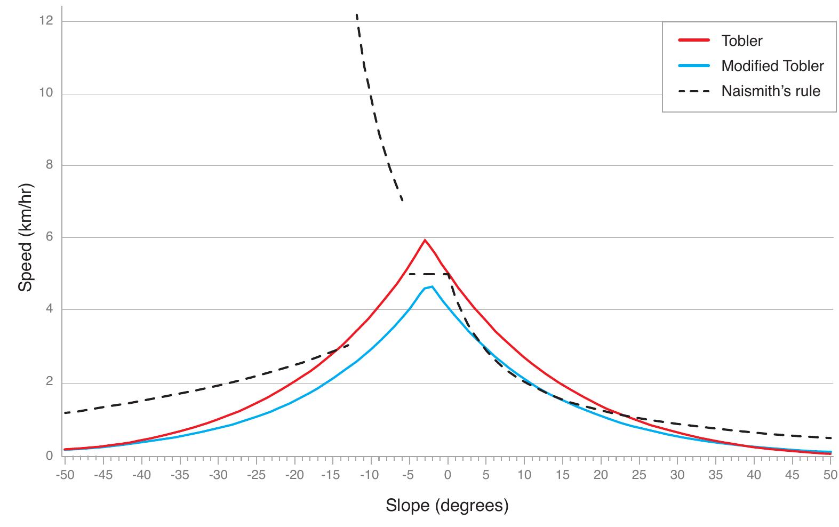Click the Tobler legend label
tap(741, 41)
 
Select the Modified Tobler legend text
tap(772, 66)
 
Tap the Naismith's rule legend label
tap(771, 91)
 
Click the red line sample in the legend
tap(694, 41)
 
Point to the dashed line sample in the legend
tap(694, 91)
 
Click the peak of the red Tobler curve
tap(425, 240)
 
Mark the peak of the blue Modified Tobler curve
tap(432, 287)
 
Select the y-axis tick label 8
tap(49, 165)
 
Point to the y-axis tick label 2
tap(49, 382)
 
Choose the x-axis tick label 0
tap(448, 475)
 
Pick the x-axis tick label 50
tap(830, 475)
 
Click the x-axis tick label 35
tap(716, 475)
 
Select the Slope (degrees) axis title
tap(447, 505)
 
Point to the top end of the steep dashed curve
tap(356, 15)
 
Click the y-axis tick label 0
tap(49, 456)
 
